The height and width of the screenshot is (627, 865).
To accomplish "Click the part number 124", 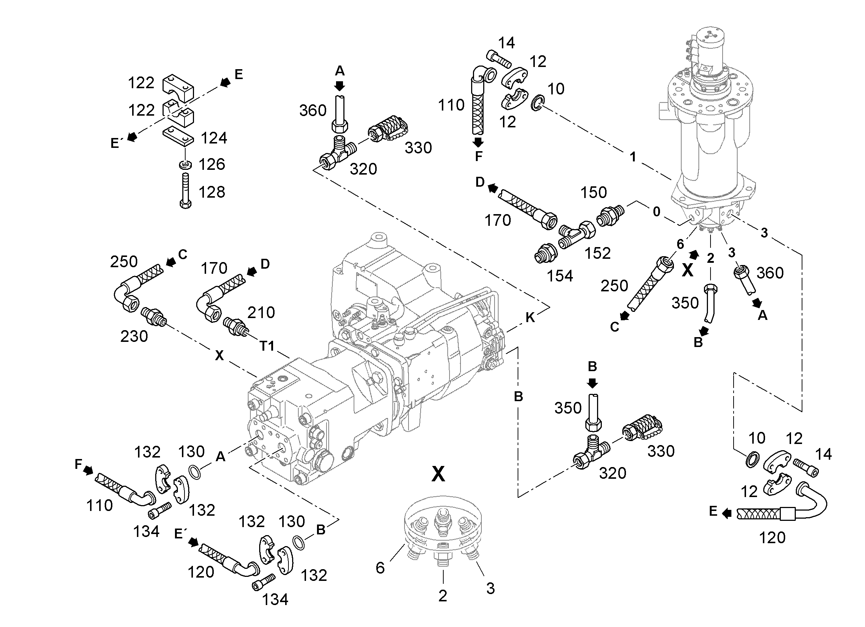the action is (x=214, y=138).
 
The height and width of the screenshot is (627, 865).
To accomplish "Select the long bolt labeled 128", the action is (x=185, y=190).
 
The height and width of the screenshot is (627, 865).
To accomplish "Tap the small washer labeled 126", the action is (x=185, y=165).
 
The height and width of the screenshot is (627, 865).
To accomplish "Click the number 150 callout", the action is (x=593, y=193).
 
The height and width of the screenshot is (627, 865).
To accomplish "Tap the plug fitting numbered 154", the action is (x=545, y=253).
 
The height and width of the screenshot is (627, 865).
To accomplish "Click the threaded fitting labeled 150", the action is (x=610, y=216).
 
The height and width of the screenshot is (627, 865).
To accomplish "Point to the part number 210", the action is (x=261, y=313).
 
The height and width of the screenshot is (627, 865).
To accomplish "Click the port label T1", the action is (x=267, y=346).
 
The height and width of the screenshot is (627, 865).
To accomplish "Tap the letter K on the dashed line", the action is (x=530, y=317).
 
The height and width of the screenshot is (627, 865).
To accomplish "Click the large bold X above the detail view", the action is (x=438, y=474).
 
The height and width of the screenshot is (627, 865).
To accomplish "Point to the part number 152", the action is (x=597, y=253).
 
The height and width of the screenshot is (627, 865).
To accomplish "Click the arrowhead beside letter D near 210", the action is (x=251, y=271).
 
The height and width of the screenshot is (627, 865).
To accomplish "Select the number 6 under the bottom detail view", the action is (x=380, y=568).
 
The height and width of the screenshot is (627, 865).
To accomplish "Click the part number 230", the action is (x=134, y=336).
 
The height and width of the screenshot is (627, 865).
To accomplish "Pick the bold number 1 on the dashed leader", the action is (x=633, y=157).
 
